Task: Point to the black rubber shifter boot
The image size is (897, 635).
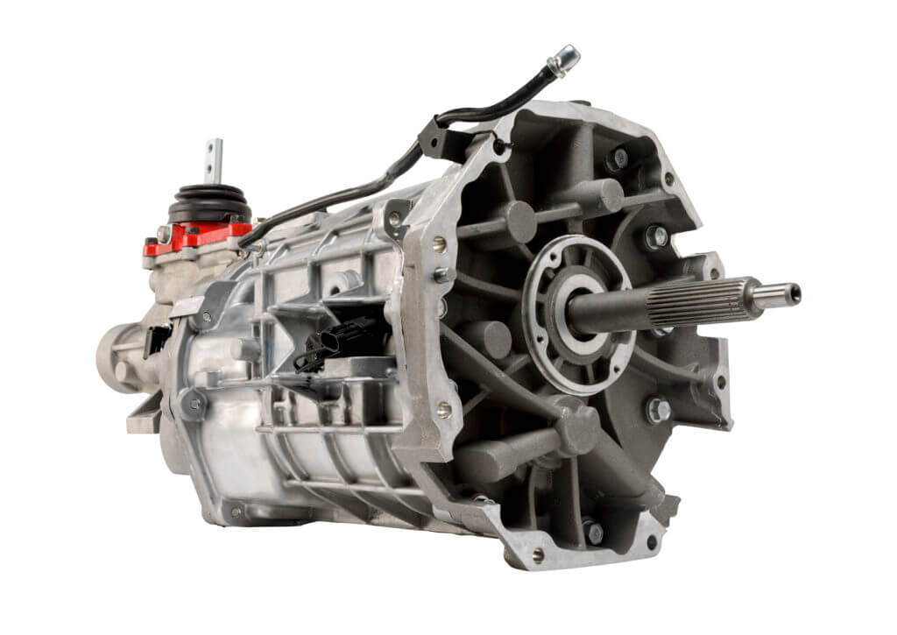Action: tap(209, 203)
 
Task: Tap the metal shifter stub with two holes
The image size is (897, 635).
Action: tap(213, 159)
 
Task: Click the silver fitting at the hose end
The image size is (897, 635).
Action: tap(563, 60)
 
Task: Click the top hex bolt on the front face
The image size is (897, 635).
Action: tap(618, 159)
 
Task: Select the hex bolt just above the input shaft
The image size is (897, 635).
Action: tap(654, 236)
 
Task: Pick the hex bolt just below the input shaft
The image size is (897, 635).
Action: tap(658, 409)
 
